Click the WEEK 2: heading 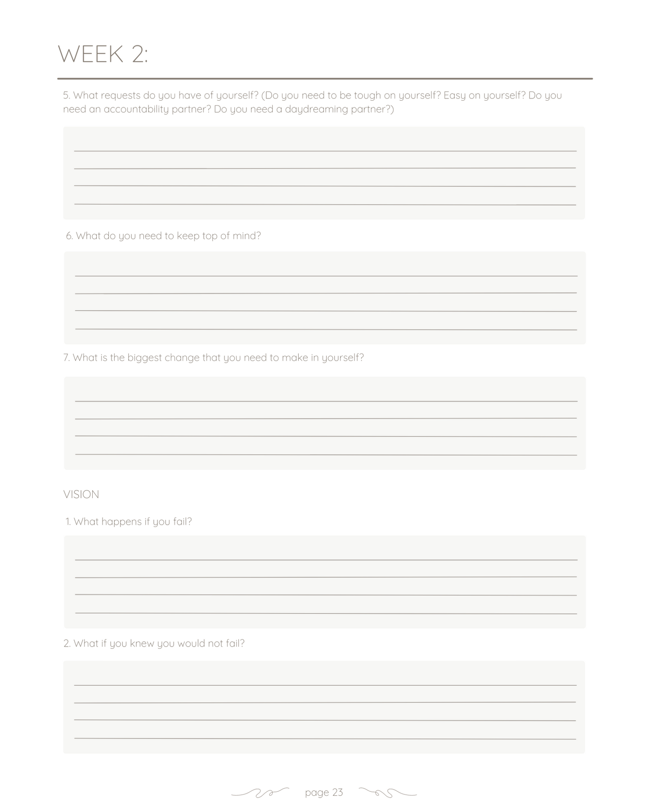point(103,54)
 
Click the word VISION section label point(81,494)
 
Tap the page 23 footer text point(324,792)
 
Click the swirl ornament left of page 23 point(260,793)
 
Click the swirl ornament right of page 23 point(388,793)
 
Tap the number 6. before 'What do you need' point(69,236)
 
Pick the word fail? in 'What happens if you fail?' point(182,522)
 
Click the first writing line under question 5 point(325,151)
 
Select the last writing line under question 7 point(326,455)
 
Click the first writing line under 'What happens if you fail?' point(326,560)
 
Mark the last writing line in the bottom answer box point(325,738)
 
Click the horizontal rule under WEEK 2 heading point(325,79)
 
